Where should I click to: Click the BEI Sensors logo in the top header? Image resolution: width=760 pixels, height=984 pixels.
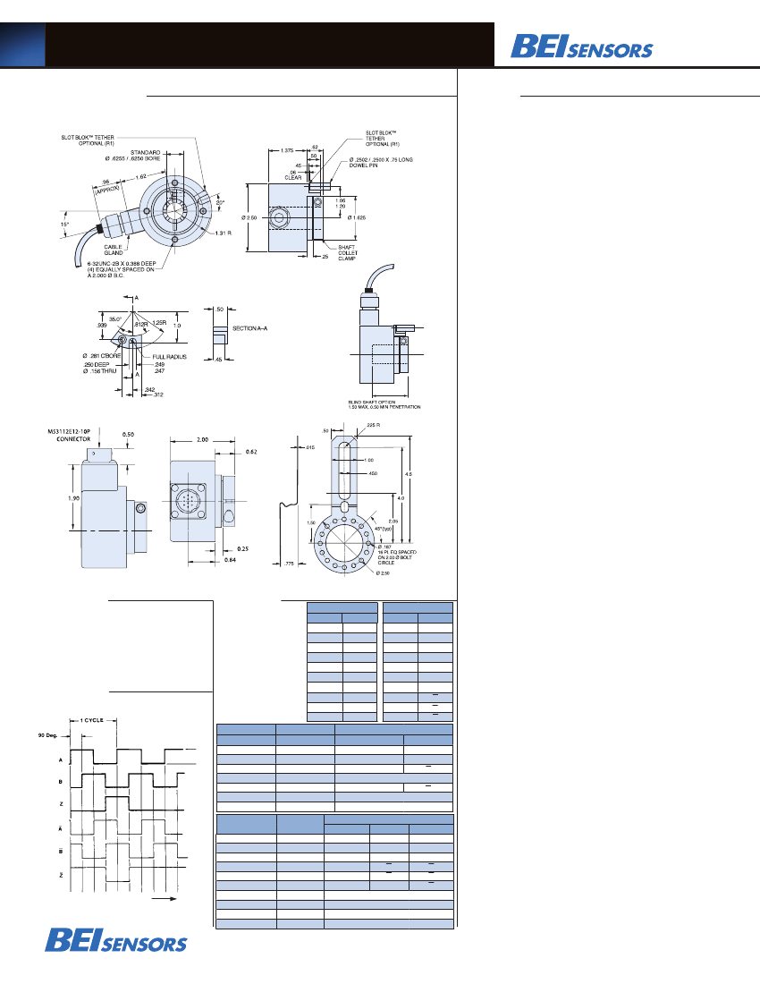[x=581, y=46]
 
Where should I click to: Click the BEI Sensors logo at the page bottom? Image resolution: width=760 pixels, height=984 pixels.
[x=116, y=940]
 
